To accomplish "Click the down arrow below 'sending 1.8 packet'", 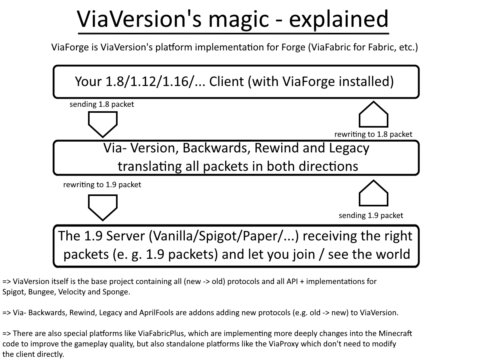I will click(x=102, y=124).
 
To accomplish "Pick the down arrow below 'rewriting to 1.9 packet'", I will click(x=102, y=207).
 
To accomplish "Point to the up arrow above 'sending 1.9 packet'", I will click(x=374, y=193).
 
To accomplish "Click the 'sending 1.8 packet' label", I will click(x=102, y=104).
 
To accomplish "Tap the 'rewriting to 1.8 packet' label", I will click(x=373, y=134).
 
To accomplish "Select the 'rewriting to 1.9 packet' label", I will click(x=102, y=185).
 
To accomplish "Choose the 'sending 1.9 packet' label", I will click(x=371, y=215).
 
